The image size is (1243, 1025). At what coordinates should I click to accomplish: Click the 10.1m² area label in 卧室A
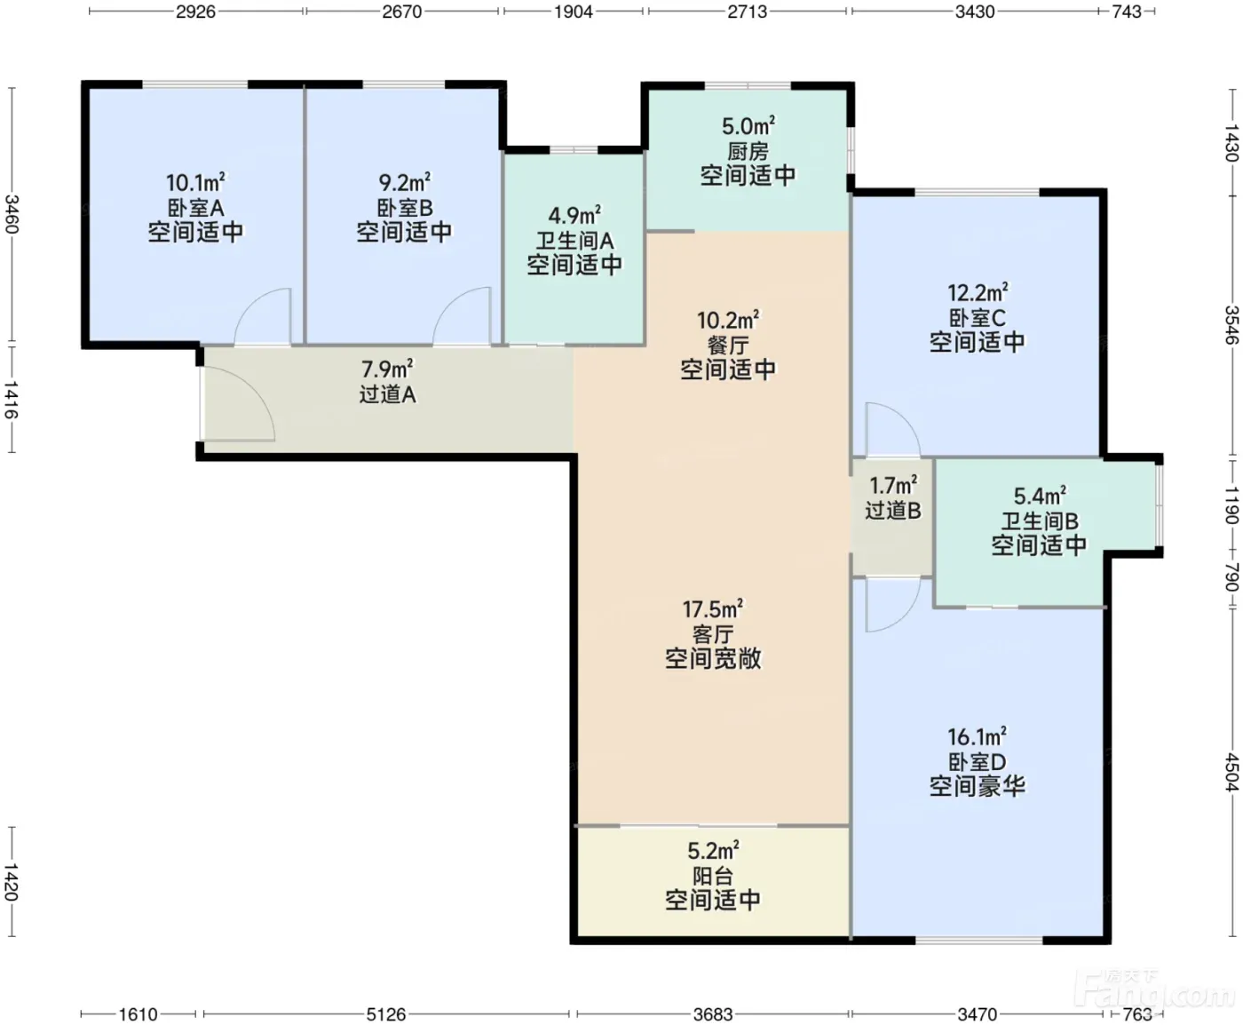click(195, 181)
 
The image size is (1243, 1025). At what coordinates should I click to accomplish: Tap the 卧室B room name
click(405, 208)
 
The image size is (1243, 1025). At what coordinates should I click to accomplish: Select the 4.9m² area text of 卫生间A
click(574, 214)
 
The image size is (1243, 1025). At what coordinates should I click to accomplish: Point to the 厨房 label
click(748, 151)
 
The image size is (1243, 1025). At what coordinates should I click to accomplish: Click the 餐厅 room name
click(728, 346)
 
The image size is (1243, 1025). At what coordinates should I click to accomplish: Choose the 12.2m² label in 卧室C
click(978, 292)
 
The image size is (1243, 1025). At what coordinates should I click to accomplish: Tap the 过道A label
click(387, 394)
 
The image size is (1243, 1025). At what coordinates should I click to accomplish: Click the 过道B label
click(893, 511)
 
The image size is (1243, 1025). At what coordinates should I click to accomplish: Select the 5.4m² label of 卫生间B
click(1040, 496)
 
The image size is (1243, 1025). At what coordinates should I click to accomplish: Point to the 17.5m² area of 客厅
click(713, 609)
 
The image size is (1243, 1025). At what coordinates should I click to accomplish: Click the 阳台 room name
click(713, 876)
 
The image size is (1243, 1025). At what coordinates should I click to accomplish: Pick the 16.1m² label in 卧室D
click(977, 736)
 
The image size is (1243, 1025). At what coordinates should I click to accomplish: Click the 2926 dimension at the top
click(196, 12)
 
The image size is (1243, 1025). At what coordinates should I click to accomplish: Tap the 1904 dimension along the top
click(574, 12)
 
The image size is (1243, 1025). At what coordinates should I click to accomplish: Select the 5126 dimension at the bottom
click(385, 1013)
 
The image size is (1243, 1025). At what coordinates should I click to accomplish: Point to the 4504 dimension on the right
click(1231, 772)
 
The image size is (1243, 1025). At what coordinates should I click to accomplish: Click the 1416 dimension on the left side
click(12, 401)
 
